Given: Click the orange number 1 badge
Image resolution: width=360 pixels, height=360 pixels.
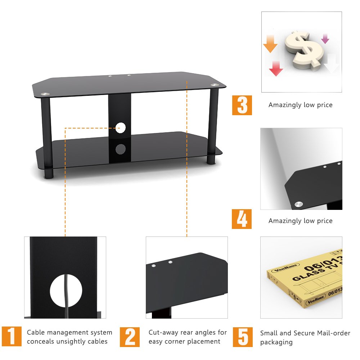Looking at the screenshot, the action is (x=12, y=336).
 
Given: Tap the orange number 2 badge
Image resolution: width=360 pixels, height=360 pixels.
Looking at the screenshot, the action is (x=130, y=337).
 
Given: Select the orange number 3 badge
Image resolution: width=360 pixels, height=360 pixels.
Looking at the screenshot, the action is (x=242, y=105).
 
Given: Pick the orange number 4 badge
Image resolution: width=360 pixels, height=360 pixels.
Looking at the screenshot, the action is (x=242, y=219).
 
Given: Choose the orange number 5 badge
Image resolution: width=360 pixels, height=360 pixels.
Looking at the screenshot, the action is (x=243, y=337).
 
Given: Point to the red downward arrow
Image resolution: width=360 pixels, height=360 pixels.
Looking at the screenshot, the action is (x=276, y=68).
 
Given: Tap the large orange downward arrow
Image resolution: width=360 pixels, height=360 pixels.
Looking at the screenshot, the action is (x=270, y=44).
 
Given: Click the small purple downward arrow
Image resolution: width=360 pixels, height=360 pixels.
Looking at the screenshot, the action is (x=325, y=39).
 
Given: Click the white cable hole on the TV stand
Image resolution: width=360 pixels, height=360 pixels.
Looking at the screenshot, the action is (x=121, y=128).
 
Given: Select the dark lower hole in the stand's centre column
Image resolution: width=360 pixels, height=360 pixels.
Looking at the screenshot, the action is (x=121, y=149).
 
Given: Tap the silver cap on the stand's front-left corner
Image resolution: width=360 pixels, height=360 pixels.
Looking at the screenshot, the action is (x=45, y=94).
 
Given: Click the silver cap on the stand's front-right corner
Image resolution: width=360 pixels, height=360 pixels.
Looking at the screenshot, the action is (x=215, y=85).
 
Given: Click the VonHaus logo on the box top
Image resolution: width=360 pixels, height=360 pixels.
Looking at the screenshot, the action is (x=285, y=267).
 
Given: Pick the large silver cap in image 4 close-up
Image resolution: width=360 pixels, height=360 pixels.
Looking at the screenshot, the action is (x=299, y=204).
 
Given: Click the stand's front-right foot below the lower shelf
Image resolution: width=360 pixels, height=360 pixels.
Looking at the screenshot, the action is (x=211, y=159).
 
